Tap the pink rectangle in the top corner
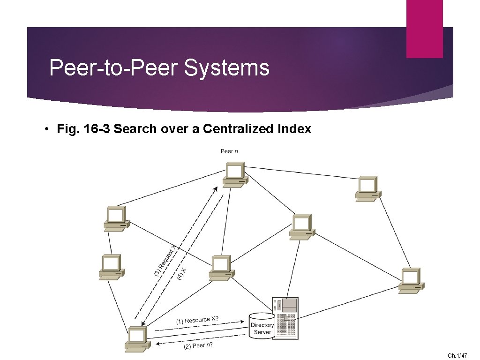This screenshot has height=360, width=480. pos(424,29)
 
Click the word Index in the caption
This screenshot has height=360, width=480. pos(293,129)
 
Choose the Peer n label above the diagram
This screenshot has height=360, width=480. pos(229,151)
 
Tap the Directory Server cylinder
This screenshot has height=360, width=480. pos(262,326)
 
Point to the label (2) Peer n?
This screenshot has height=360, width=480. pos(197,346)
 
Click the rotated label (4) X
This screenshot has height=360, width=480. pos(182,274)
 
